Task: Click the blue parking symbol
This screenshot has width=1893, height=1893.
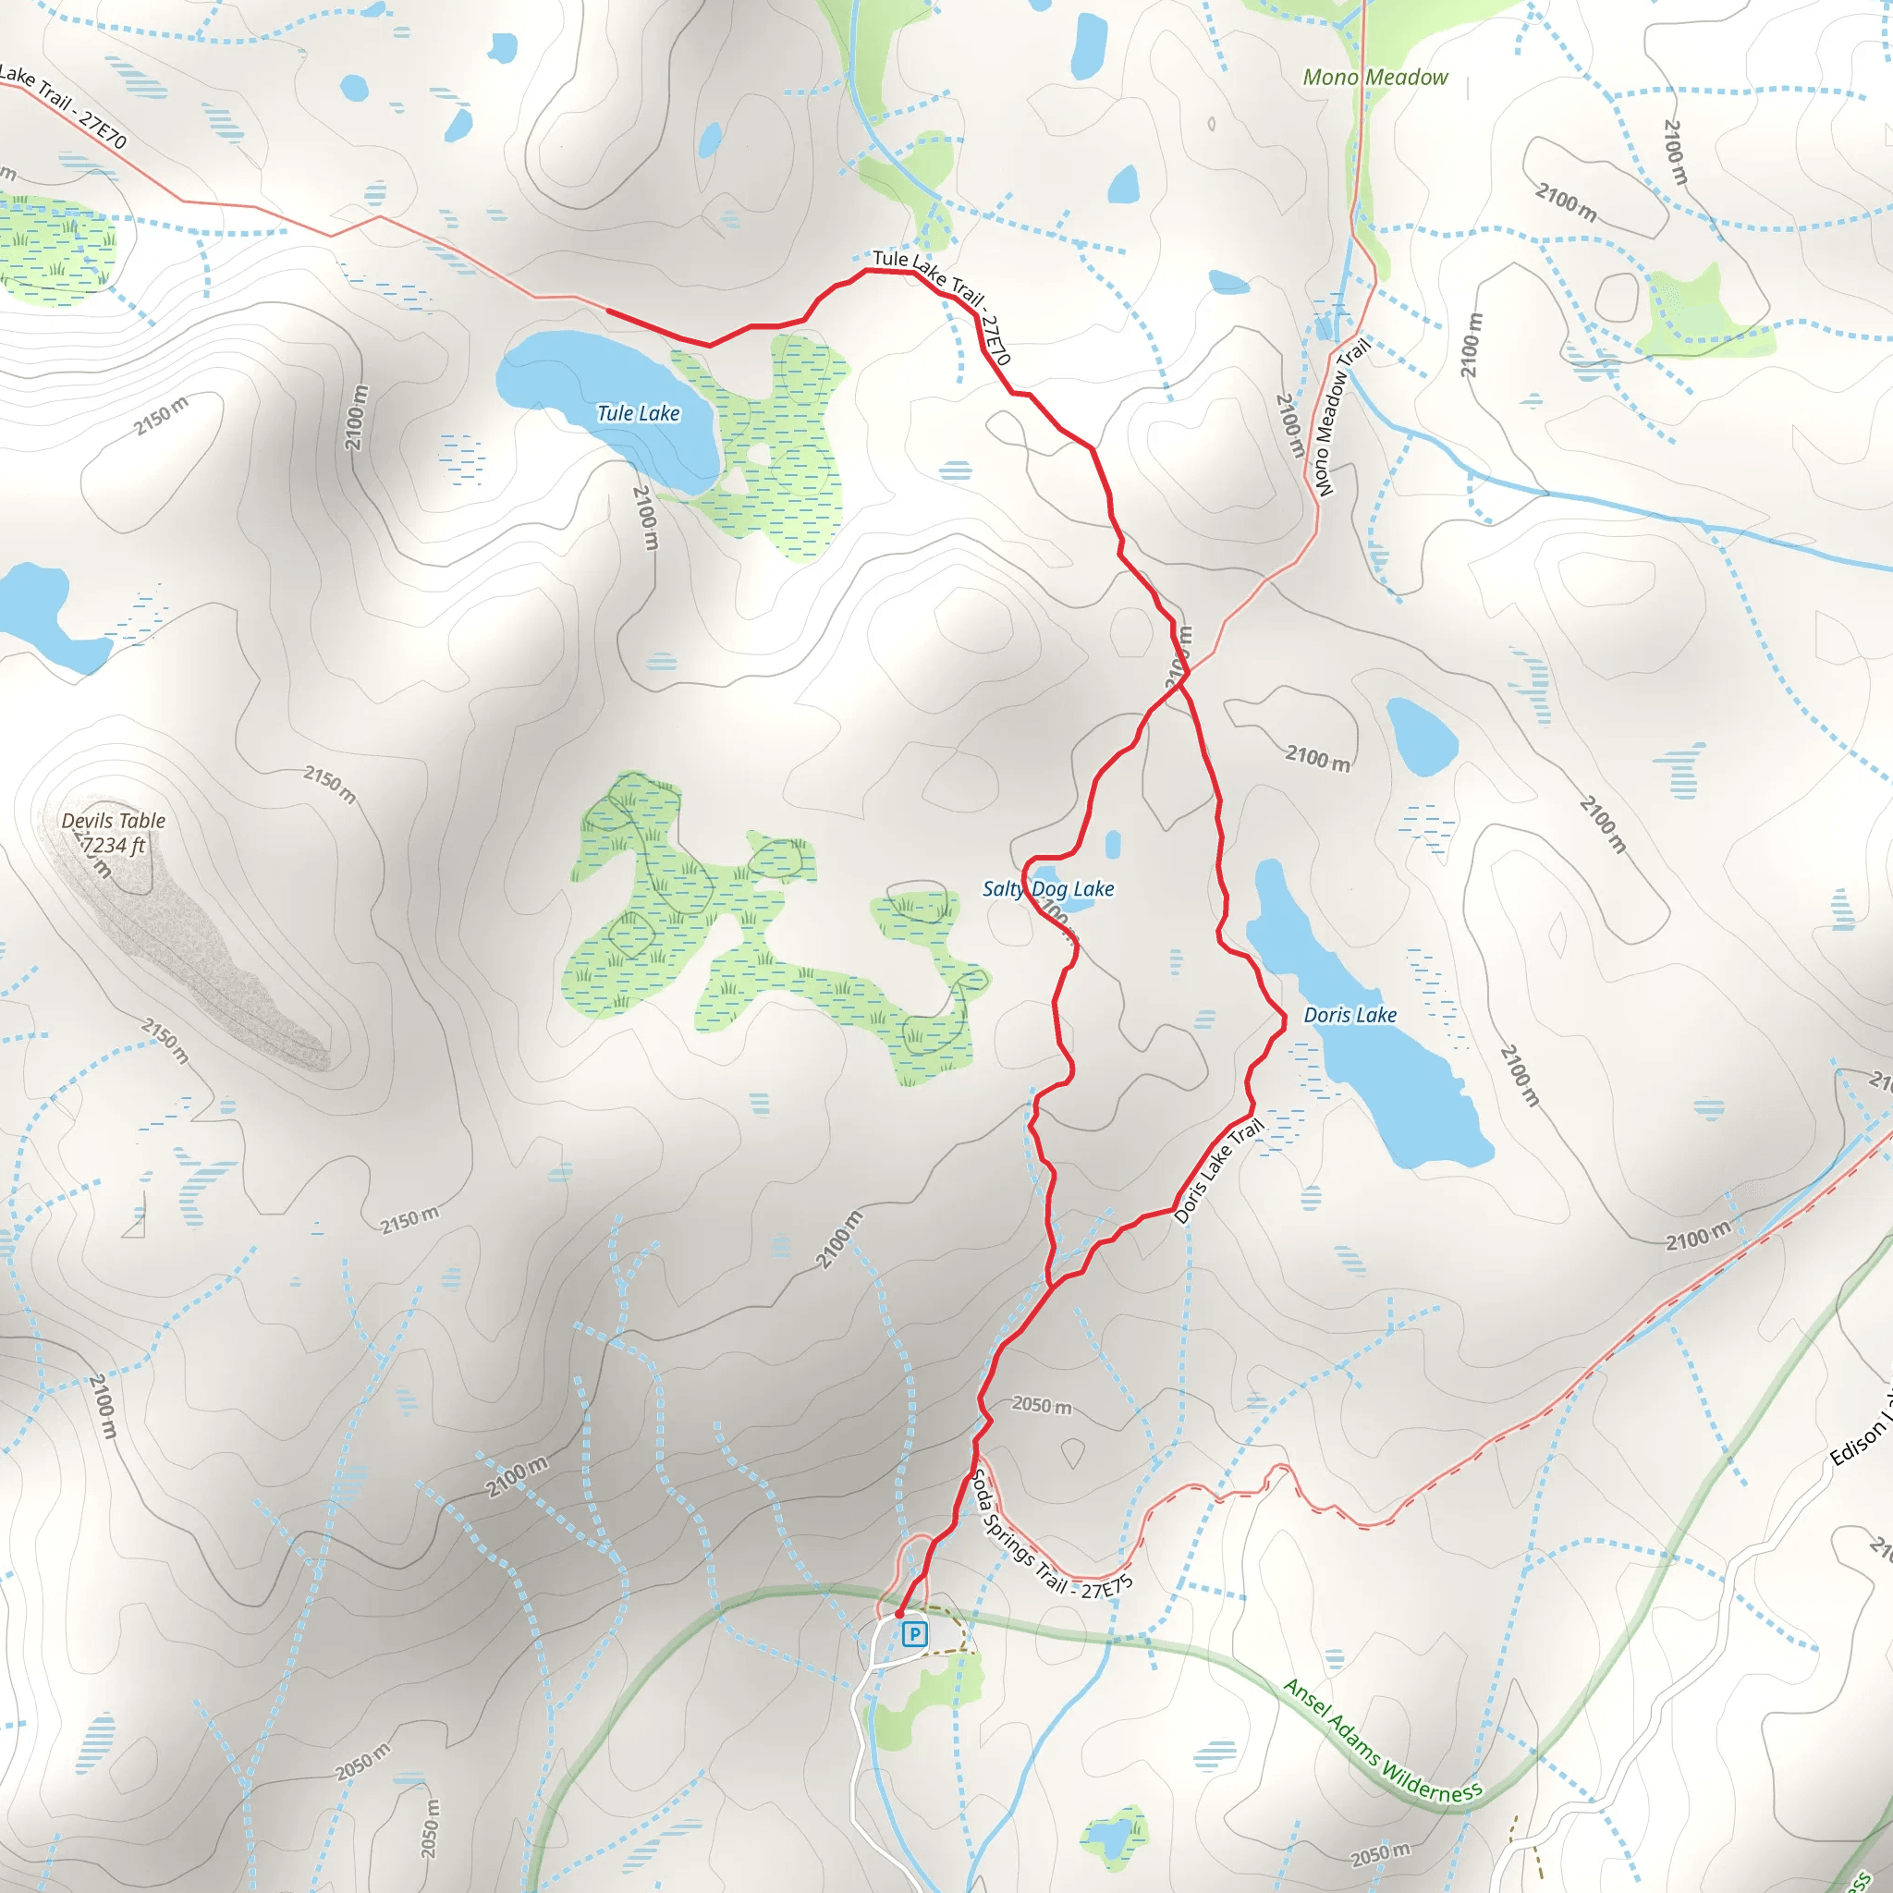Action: tap(913, 1633)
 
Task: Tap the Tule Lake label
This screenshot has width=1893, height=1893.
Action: tap(638, 413)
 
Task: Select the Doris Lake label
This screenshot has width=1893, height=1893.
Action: tap(1350, 1015)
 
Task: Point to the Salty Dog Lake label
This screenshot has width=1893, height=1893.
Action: tap(1047, 888)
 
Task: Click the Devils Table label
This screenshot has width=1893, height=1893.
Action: tap(114, 820)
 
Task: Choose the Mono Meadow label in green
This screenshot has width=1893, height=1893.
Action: tap(1374, 78)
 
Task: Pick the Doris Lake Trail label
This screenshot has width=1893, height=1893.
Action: tap(1218, 1172)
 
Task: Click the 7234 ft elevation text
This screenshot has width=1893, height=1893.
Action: tap(114, 845)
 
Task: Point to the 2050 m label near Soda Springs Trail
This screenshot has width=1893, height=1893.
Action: tap(1041, 1405)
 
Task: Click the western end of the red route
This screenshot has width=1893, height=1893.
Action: tap(608, 311)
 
